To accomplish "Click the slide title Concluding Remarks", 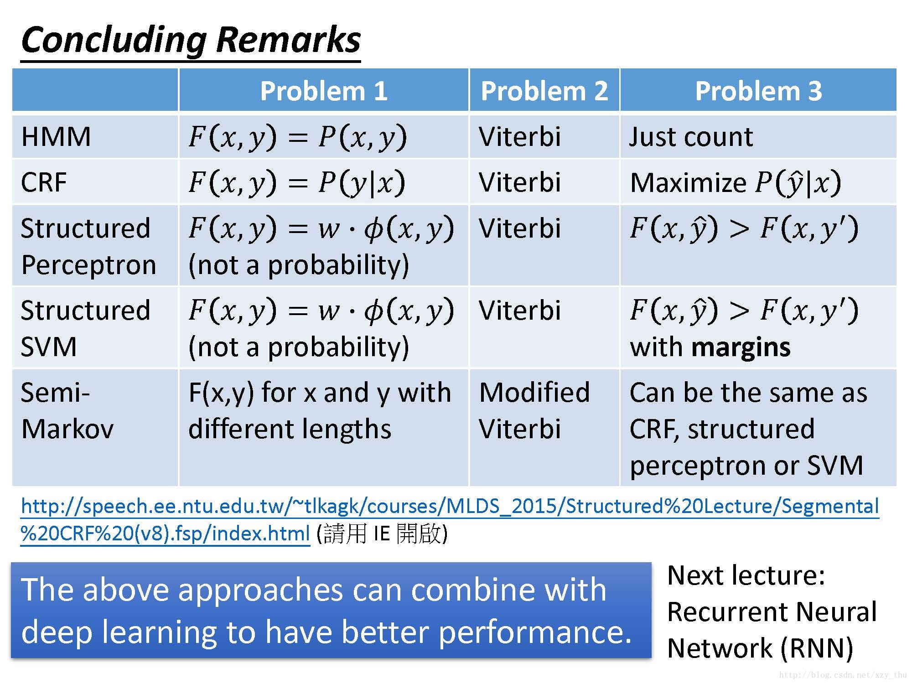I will click(x=191, y=40).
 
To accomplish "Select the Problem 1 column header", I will click(x=324, y=91).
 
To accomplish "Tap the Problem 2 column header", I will click(x=544, y=91).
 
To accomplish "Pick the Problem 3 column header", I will click(x=758, y=91).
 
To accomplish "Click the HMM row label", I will click(x=56, y=136).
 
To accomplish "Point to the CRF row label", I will click(x=44, y=182).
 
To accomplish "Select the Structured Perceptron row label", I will click(x=88, y=246).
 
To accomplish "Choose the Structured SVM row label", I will click(x=85, y=328).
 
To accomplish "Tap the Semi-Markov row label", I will click(x=67, y=410).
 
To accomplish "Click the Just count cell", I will click(x=691, y=136).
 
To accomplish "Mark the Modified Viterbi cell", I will click(x=534, y=410).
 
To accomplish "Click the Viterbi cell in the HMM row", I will click(x=519, y=136).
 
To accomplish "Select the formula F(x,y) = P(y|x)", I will click(x=297, y=182).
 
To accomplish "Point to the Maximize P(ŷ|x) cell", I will click(x=735, y=183).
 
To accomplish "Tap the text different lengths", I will click(x=290, y=429).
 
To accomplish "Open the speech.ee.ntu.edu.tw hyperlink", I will click(x=449, y=507).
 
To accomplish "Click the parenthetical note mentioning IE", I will click(x=382, y=534).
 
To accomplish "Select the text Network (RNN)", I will click(x=760, y=648).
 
